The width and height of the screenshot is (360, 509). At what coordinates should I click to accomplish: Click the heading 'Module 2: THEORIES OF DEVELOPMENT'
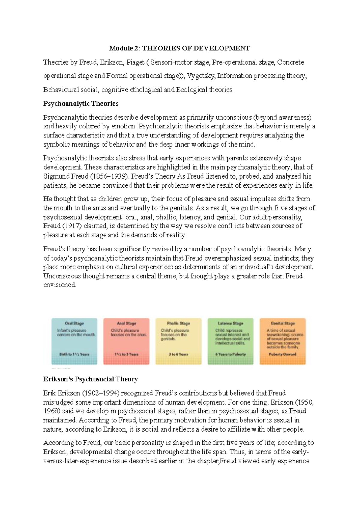point(179,48)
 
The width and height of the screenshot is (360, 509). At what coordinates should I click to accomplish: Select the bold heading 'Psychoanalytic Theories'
point(81,104)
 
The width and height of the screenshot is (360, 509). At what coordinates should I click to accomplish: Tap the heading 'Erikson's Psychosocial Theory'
point(91,379)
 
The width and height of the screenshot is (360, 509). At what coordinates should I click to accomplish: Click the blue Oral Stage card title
point(74,324)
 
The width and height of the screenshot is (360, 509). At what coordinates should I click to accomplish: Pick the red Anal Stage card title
point(126,324)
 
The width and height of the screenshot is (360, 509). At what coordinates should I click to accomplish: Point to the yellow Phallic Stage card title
point(178,324)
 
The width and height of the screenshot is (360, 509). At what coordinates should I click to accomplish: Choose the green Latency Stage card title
point(230,324)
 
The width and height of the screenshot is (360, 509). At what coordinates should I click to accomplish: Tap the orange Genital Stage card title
point(283,324)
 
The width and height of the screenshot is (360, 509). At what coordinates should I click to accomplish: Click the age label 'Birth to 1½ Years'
point(74,354)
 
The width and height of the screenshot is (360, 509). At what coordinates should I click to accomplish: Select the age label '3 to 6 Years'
point(178,354)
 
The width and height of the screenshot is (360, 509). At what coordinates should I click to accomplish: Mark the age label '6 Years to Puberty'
point(230,354)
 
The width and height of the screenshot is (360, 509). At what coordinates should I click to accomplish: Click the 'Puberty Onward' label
point(283,354)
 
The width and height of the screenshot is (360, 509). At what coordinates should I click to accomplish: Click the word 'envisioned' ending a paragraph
point(59,285)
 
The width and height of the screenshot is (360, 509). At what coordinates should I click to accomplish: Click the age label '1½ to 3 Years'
point(126,354)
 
